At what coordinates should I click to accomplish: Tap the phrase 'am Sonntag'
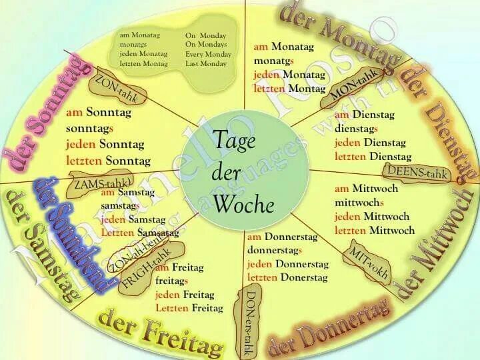point(99,113)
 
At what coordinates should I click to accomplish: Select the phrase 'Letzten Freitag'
point(189,308)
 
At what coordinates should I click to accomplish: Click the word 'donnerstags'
point(275,251)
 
